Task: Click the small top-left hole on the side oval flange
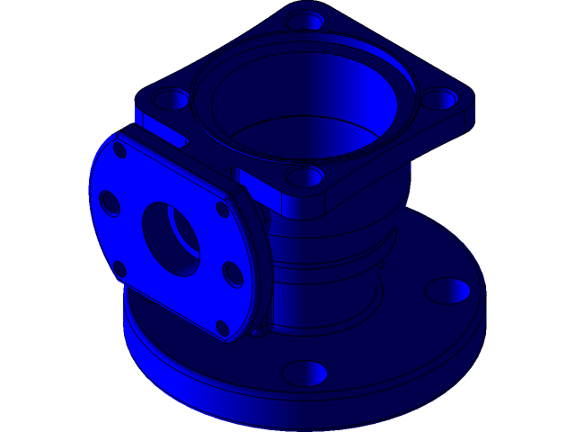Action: tap(119, 151)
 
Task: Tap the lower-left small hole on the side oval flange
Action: tap(119, 267)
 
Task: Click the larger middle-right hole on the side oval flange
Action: tap(233, 274)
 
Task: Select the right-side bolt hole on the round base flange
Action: tap(447, 291)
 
